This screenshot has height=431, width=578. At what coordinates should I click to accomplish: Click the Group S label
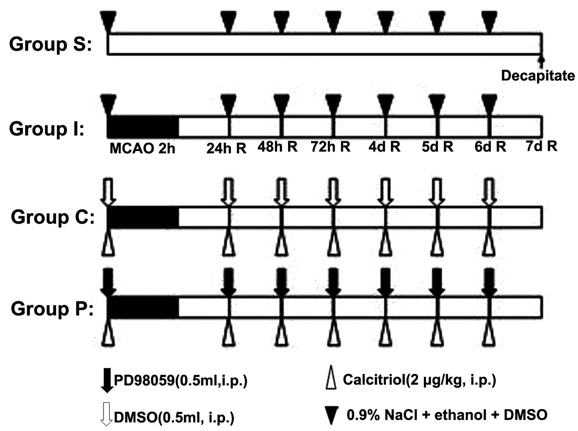50,44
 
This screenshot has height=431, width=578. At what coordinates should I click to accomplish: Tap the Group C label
52,217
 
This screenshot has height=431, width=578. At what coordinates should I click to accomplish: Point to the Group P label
52,309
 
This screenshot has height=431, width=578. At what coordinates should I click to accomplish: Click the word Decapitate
537,76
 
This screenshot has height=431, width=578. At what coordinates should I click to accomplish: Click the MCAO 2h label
142,148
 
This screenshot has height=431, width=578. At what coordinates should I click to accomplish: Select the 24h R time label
226,148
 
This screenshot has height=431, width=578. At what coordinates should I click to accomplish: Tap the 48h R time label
277,147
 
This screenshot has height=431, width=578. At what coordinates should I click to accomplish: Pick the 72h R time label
330,147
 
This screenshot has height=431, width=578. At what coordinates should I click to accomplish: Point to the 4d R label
384,147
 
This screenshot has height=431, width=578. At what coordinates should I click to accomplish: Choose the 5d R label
437,147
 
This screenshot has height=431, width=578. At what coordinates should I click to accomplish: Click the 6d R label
490,147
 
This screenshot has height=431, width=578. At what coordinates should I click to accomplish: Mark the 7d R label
541,146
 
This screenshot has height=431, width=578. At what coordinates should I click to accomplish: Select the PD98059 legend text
181,380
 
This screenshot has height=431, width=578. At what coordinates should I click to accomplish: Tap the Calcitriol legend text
419,380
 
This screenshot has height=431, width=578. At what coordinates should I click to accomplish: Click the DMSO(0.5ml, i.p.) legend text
174,417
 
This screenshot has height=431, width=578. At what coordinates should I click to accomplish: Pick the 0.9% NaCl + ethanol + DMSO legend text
447,415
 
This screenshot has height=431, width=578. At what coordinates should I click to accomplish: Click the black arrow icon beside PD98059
107,380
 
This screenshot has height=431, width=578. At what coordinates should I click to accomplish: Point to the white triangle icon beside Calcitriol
331,378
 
